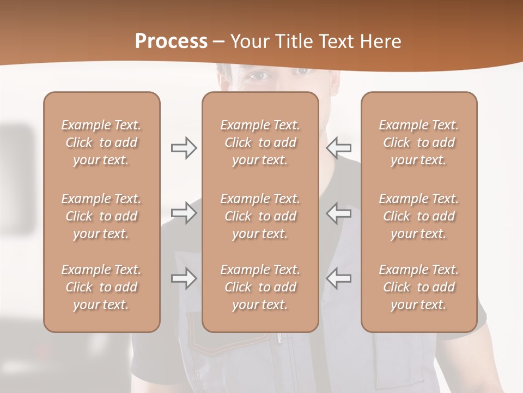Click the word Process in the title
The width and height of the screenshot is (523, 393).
coord(171,41)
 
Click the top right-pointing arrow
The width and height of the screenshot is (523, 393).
coord(184,148)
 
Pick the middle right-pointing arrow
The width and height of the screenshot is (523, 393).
coord(184,212)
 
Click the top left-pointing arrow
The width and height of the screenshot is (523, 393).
coord(338,148)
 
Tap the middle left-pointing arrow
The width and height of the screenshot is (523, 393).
coord(338,212)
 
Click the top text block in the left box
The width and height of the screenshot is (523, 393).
coord(101,142)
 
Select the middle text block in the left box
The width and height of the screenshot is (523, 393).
coord(101,216)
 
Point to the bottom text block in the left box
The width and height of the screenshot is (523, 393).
coord(101,287)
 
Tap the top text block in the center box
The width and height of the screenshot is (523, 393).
coord(260,142)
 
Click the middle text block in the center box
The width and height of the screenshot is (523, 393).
coord(260,216)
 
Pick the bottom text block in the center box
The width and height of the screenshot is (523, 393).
coord(260,287)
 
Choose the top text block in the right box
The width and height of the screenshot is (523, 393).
coord(418,142)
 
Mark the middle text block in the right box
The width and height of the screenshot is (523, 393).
coord(418,216)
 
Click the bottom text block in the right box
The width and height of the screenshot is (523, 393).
coord(418,287)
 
